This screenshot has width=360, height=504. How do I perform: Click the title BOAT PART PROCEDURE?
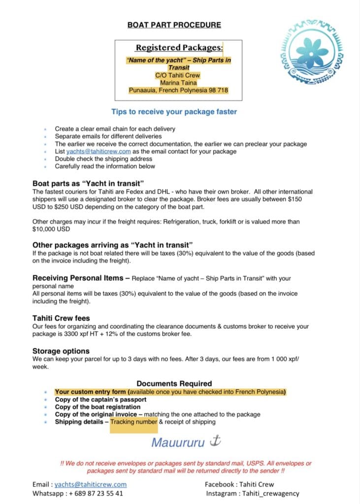[174, 25]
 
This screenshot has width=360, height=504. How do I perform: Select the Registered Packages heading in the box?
[179, 48]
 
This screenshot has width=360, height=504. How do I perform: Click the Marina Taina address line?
[179, 83]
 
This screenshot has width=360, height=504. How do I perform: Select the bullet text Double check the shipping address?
[104, 159]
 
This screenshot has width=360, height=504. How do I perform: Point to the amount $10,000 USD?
[51, 229]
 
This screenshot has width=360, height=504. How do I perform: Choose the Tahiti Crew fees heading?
[61, 318]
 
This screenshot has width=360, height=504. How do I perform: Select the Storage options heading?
[61, 351]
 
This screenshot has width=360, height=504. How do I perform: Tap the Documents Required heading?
[174, 383]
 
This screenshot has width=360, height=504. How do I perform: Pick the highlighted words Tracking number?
[133, 422]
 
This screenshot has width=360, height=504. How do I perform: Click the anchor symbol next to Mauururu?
[215, 441]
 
